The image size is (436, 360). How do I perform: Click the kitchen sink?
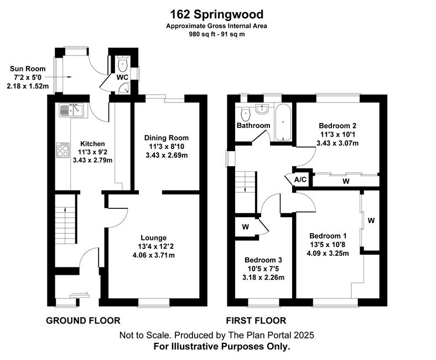71,110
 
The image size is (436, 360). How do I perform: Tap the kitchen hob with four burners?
63,150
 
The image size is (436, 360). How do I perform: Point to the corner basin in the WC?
124,88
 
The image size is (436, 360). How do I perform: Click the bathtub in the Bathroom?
283,122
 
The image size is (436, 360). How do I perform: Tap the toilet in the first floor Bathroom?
245,113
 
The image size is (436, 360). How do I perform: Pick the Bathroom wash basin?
262,109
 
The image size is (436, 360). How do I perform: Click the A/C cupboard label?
300,179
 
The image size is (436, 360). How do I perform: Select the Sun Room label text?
28,69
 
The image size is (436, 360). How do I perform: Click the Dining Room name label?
167,138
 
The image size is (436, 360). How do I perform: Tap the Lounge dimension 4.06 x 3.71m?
154,255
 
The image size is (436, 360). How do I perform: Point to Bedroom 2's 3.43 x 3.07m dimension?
338,143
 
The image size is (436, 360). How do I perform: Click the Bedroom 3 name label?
263,260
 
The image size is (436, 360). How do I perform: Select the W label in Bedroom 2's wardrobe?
346,181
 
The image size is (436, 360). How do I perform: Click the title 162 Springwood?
216,14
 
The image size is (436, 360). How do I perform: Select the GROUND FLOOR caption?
83,321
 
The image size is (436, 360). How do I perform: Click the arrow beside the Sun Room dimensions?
58,77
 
